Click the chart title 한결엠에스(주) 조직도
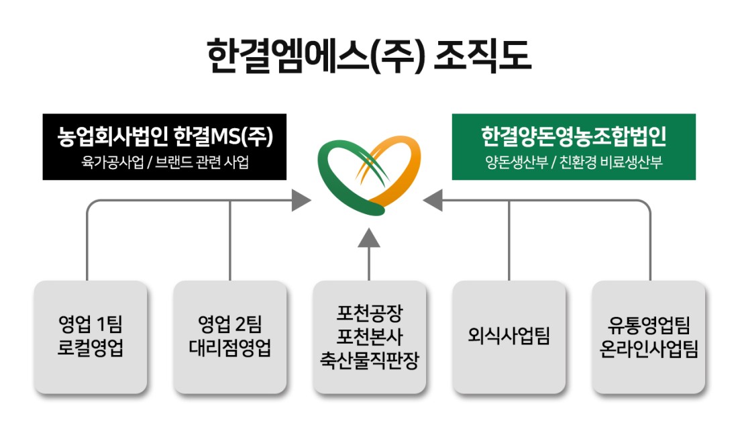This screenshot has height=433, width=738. click(369, 56)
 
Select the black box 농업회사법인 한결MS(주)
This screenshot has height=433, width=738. click(164, 146)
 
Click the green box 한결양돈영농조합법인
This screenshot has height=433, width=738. click(574, 146)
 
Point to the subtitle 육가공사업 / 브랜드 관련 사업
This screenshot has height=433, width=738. click(165, 162)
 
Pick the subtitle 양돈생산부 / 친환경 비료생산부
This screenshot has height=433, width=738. click(574, 162)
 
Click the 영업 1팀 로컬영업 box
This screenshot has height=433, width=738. click(91, 337)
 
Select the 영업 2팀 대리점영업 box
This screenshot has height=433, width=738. click(229, 337)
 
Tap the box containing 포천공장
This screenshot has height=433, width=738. click(370, 337)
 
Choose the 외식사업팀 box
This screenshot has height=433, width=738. click(509, 337)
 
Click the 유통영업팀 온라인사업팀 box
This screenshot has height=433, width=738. click(649, 337)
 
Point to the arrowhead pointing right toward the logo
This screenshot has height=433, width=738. click(301, 200)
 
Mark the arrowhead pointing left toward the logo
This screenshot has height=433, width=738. click(433, 200)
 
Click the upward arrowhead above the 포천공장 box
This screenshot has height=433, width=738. click(369, 238)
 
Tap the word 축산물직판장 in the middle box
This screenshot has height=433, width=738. click(370, 360)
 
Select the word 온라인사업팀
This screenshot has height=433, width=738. click(649, 348)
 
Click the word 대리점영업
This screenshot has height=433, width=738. click(229, 348)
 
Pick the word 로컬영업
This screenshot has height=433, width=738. click(91, 348)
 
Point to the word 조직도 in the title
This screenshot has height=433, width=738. click(482, 56)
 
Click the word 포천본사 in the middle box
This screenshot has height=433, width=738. click(370, 336)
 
